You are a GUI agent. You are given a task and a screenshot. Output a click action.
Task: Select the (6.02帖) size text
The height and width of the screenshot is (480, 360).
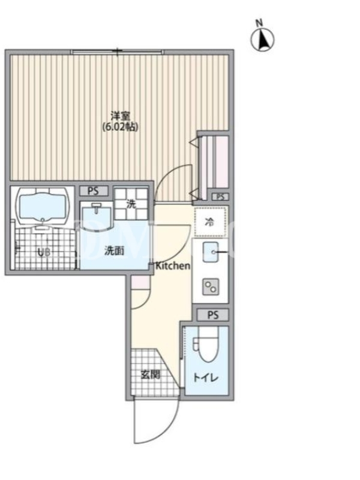120,127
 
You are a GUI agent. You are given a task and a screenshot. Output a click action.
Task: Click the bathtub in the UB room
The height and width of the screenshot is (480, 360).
43,206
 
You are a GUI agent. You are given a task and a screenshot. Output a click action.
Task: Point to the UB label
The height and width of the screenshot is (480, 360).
43,253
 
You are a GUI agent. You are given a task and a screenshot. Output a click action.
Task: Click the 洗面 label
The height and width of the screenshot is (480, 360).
114,251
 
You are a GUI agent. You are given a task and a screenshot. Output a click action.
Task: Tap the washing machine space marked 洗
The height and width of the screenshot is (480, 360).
131,204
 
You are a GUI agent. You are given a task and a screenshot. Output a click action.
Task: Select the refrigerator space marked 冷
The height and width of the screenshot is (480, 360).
211,222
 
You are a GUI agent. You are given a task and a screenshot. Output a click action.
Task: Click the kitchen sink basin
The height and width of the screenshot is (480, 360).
211,252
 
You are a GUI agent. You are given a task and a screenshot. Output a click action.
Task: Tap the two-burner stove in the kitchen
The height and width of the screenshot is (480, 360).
211,287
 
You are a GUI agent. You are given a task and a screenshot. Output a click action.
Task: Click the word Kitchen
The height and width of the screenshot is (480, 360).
173,266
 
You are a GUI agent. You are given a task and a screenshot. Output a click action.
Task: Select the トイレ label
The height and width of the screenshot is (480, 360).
206,377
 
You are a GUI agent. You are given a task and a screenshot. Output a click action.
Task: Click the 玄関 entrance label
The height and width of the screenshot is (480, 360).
151,374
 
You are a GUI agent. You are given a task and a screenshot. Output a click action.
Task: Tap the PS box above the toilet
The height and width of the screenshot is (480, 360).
213,314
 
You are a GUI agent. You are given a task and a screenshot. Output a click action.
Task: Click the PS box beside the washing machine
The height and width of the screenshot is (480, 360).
94,191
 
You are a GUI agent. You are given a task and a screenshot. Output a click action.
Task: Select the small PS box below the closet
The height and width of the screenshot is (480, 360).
220,197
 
